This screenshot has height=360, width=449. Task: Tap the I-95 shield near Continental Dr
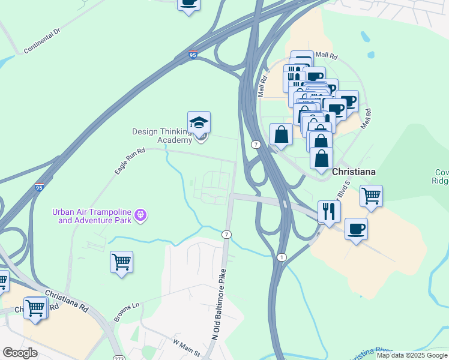pyautogui.click(x=193, y=55)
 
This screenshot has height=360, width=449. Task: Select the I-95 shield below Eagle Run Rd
pyautogui.click(x=40, y=187)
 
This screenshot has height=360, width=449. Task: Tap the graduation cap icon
pyautogui.click(x=199, y=123)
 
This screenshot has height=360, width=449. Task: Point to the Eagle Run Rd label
pyautogui.click(x=130, y=161)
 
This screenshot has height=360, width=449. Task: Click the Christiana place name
pyautogui.click(x=354, y=172)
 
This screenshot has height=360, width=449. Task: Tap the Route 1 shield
pyautogui.click(x=281, y=257)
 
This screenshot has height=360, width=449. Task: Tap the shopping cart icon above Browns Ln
pyautogui.click(x=122, y=262)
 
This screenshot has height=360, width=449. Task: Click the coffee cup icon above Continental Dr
pyautogui.click(x=189, y=3)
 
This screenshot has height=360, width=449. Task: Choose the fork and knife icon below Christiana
pyautogui.click(x=329, y=211)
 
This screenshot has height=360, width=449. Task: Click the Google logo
pyautogui.click(x=20, y=352)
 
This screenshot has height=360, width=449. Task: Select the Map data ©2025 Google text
pyautogui.click(x=412, y=355)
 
